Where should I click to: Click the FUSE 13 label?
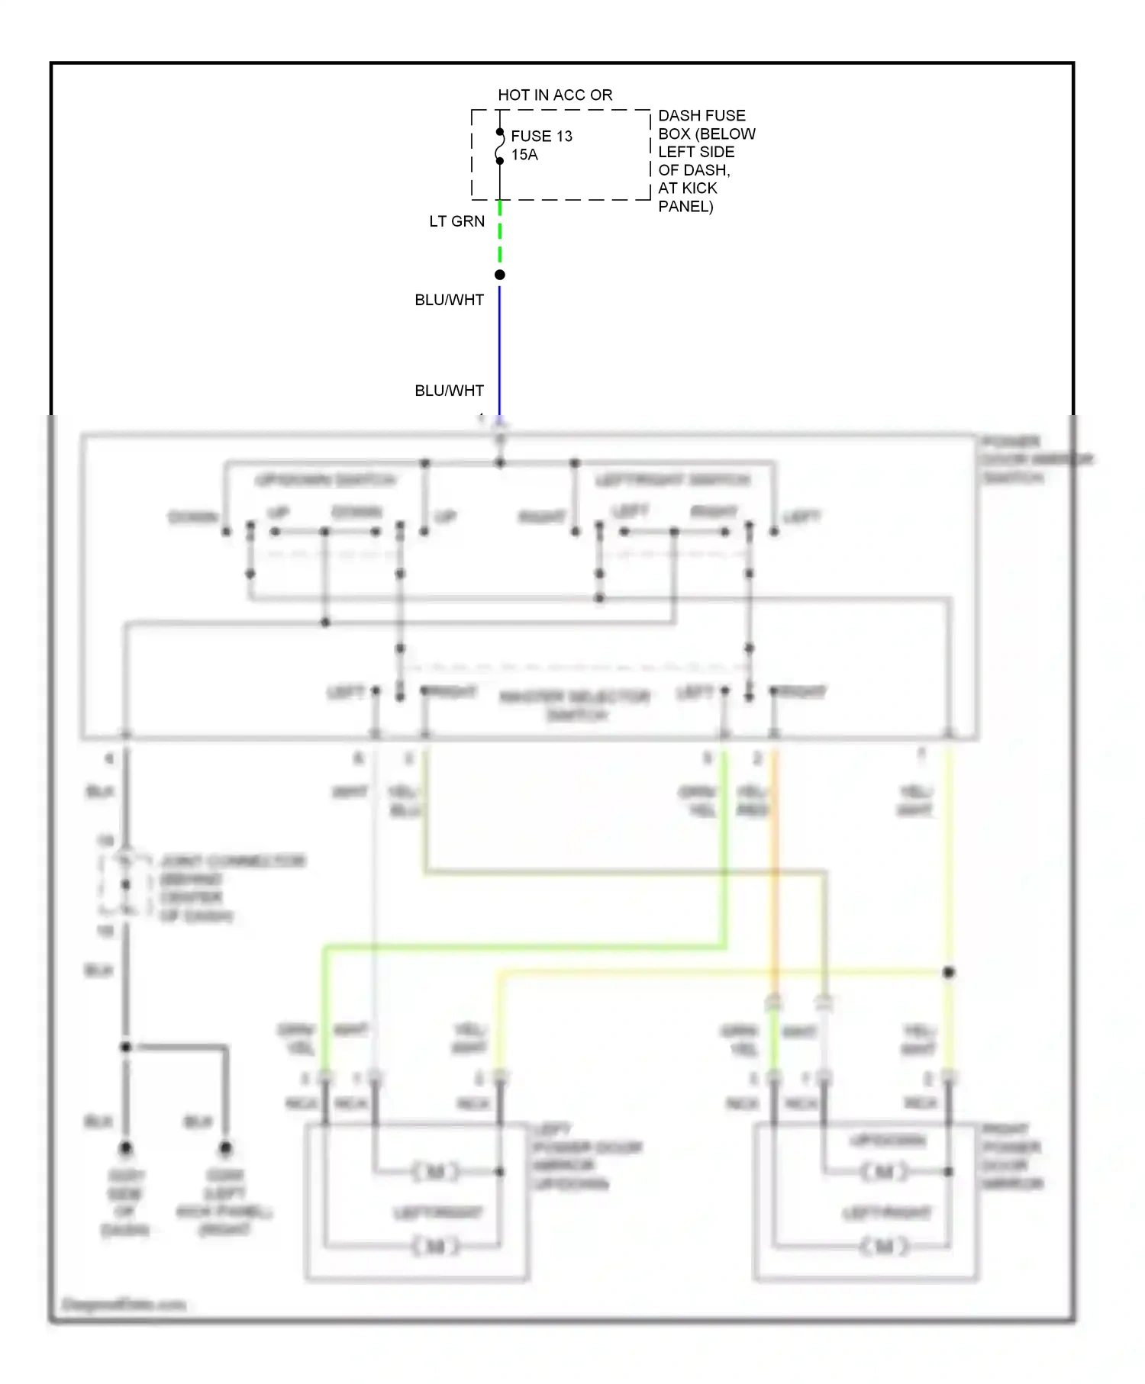(541, 136)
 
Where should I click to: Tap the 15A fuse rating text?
(524, 155)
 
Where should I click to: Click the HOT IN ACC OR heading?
(555, 95)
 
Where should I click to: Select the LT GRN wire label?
(456, 221)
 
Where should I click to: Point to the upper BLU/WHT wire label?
(449, 300)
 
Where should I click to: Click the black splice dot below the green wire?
(500, 275)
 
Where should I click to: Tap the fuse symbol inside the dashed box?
(500, 146)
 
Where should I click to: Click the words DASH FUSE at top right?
(702, 115)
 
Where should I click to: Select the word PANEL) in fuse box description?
(685, 206)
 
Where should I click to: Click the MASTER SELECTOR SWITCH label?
(576, 705)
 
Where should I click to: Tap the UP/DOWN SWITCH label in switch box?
(325, 480)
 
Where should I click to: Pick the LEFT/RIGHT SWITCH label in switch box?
(672, 480)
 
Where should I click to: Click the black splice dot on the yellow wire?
(949, 972)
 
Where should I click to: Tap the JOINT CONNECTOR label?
(232, 861)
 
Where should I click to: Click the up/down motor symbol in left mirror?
(436, 1171)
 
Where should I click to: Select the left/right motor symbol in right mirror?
(884, 1246)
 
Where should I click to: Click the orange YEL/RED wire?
(774, 877)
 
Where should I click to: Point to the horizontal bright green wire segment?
(527, 948)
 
